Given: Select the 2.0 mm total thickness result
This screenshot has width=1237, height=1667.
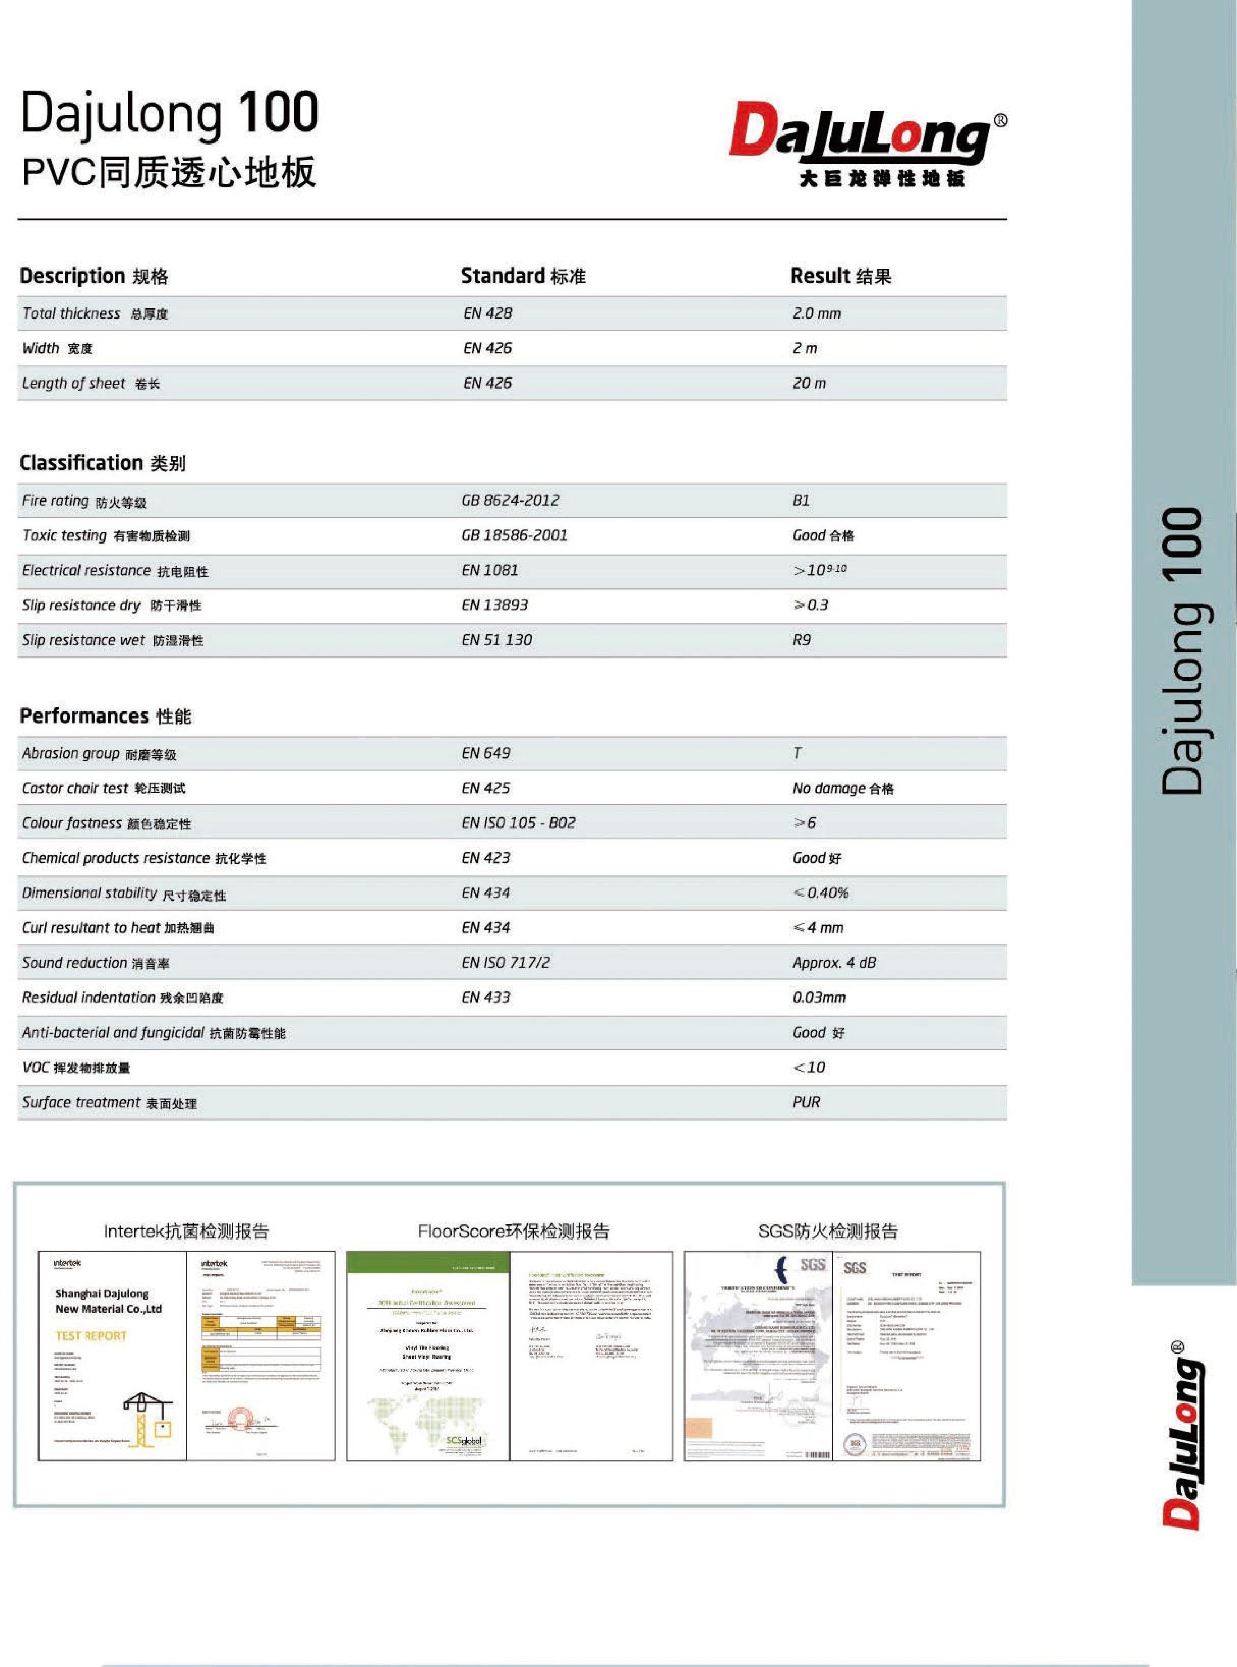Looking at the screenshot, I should coord(816,314).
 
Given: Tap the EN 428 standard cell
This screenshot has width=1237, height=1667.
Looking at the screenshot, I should coord(488,314).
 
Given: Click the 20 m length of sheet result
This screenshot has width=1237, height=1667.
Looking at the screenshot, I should coord(808,383).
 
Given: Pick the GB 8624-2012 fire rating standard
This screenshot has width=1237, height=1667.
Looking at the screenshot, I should coord(510,500).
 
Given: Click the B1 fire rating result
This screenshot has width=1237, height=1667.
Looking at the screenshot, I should coord(800,500).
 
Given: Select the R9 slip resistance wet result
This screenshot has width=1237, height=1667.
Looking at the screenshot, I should coord(801,640).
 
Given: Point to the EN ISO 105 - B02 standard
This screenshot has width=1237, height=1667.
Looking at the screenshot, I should coord(518,823).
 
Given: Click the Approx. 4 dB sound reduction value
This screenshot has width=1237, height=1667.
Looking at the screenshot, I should coord(833,963).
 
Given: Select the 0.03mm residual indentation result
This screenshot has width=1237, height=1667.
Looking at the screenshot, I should coord(819,997).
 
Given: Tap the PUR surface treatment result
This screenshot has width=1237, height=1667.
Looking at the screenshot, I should coord(806,1102).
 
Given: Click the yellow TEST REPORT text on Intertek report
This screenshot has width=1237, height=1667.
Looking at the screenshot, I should coord(92,1336).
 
